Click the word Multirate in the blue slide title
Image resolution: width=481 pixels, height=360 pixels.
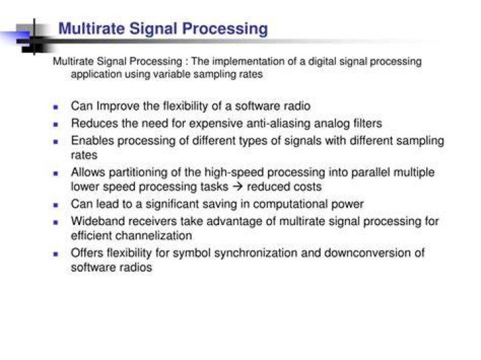[x=92, y=29]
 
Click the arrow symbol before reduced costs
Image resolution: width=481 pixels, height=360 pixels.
[x=238, y=186]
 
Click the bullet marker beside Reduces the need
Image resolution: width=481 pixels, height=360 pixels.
[x=55, y=124]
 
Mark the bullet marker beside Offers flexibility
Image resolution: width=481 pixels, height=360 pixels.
[x=55, y=254]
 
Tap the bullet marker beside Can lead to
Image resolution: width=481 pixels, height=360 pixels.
[x=55, y=205]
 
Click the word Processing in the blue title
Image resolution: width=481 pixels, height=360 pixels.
[x=225, y=29]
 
